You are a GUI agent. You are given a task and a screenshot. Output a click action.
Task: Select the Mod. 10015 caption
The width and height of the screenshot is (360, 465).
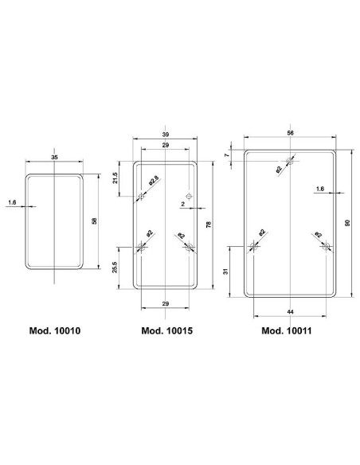166,330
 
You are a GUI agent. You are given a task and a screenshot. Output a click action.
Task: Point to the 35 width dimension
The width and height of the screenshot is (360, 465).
54,159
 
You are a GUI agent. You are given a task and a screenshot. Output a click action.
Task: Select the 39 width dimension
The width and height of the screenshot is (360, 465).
166,134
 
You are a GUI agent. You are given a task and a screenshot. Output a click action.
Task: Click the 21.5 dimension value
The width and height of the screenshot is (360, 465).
116,178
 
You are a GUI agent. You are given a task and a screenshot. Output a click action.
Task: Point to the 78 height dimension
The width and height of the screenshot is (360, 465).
209,225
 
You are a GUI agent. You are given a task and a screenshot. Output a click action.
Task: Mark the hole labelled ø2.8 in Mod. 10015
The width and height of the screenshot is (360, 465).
142,196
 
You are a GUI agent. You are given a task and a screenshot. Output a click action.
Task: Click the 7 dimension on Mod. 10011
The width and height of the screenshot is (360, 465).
227,155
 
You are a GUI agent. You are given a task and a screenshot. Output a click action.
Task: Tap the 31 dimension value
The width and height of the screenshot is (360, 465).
227,271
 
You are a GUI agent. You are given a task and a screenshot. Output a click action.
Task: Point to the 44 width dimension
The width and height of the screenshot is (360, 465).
289,310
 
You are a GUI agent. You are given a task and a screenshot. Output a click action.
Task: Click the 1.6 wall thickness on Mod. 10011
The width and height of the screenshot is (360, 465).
319,188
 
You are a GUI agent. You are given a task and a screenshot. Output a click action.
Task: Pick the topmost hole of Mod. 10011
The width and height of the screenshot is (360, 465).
289,162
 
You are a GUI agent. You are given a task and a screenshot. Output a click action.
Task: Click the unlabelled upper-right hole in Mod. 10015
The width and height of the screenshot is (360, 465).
189,196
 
